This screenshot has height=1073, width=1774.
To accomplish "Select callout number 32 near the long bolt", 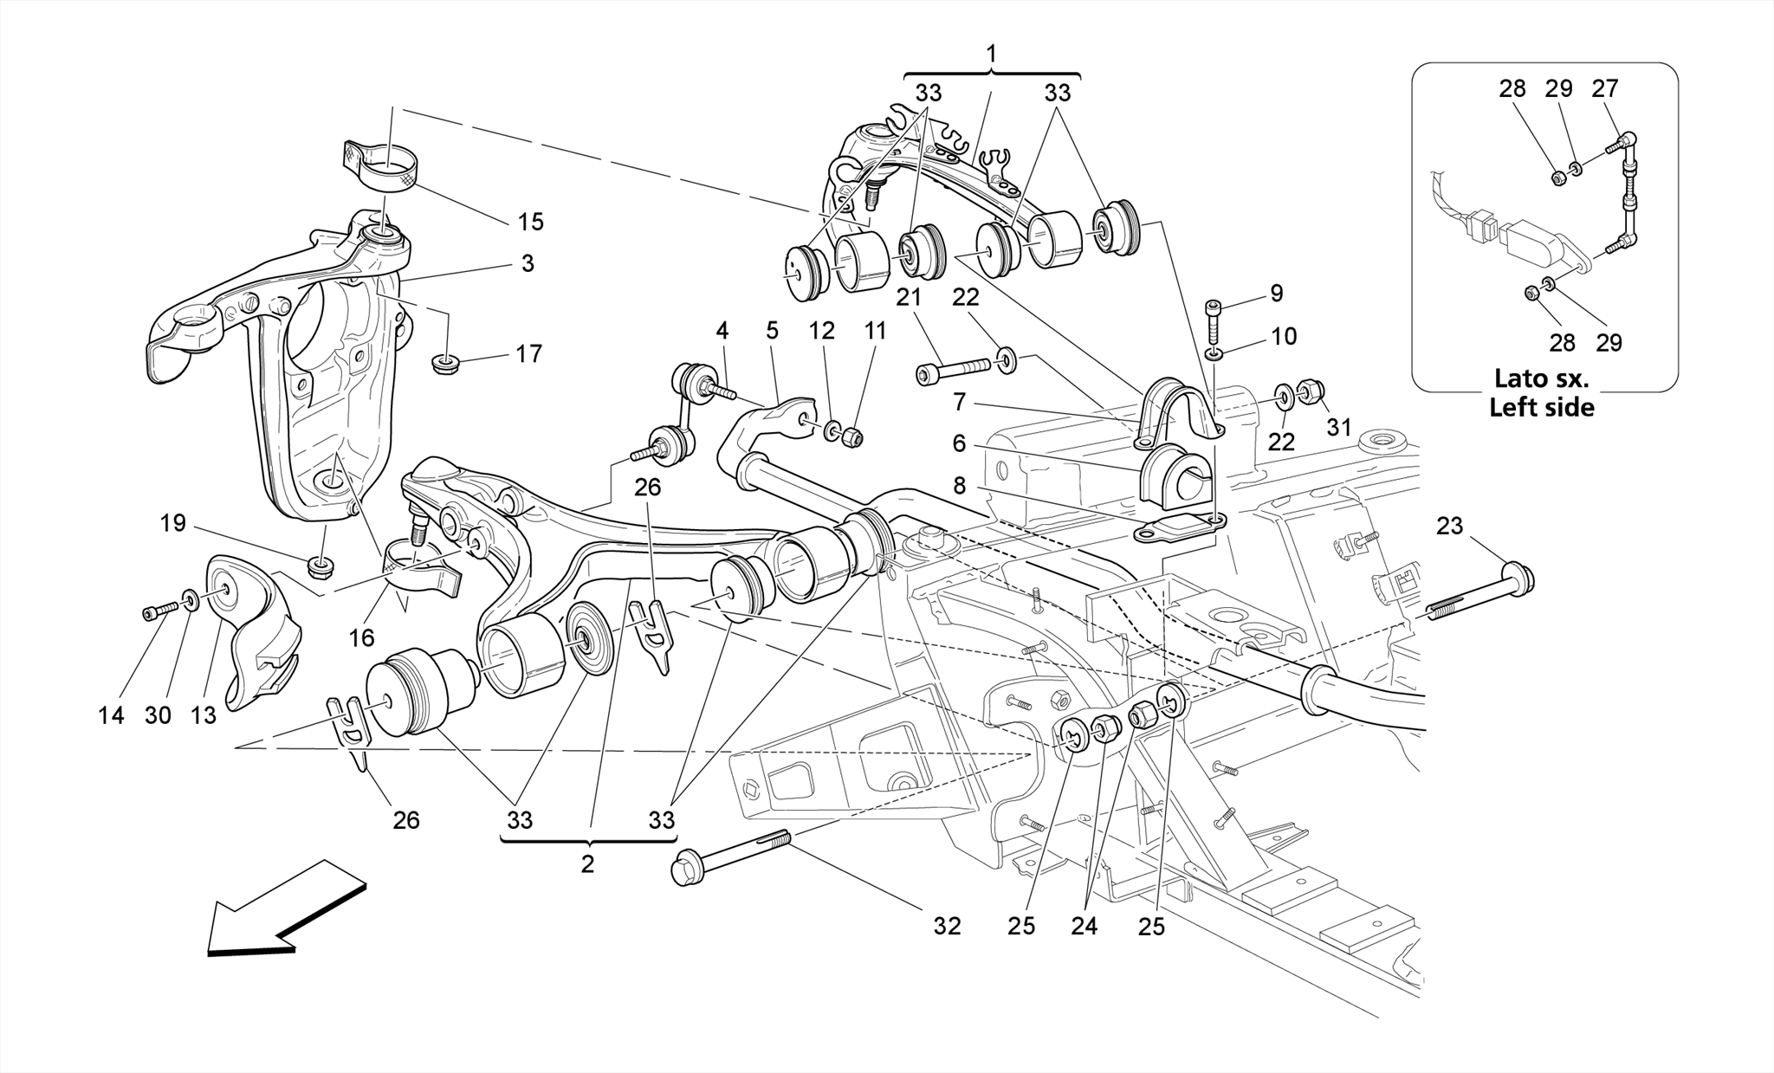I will coord(947,926).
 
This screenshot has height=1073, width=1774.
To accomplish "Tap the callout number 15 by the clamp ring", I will coord(530,222).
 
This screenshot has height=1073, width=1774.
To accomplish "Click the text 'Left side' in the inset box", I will coord(1541,407).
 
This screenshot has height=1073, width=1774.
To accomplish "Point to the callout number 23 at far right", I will coord(1449,526).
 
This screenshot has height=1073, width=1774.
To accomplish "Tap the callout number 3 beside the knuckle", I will coord(528,263).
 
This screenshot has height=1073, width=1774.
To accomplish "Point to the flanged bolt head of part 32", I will coord(687,869).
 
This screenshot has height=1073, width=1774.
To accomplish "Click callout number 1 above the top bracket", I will coord(991,55).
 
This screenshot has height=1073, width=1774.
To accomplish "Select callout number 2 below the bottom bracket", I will coord(587,863).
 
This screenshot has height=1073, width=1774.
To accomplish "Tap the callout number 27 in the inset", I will coord(1604,89).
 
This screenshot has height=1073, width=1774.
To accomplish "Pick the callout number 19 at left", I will coord(173,523).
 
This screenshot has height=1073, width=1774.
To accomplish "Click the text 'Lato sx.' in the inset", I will coord(1541,379).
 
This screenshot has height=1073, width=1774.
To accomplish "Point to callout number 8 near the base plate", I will coord(959,485).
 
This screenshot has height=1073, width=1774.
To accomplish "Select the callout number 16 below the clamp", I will coord(361,638).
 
